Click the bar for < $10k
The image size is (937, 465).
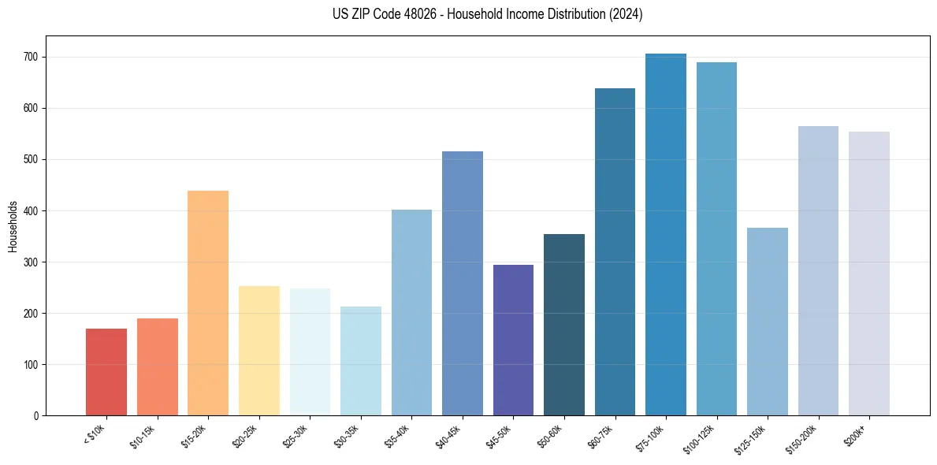click(x=106, y=372)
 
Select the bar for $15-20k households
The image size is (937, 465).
click(x=208, y=303)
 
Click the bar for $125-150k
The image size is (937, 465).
click(x=768, y=322)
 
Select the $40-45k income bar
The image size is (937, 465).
click(x=463, y=284)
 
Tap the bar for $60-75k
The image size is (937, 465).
click(x=615, y=252)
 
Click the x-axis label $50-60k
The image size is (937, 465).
click(x=550, y=435)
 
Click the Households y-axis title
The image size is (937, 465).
click(x=13, y=226)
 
